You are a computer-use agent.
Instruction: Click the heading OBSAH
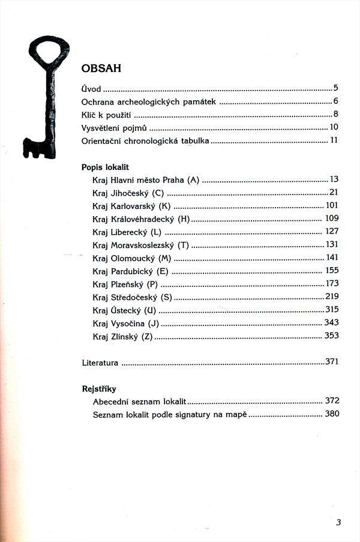click(x=101, y=68)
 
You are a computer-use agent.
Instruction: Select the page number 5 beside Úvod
click(x=337, y=88)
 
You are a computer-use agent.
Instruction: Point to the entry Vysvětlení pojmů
click(x=114, y=127)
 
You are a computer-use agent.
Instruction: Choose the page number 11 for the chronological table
click(x=334, y=140)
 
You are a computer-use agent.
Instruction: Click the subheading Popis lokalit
click(x=105, y=167)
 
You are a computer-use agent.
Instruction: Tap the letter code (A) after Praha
click(x=193, y=179)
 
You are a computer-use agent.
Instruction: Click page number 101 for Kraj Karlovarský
click(x=332, y=205)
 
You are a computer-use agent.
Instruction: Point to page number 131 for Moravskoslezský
click(x=332, y=244)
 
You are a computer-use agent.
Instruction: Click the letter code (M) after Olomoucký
click(x=165, y=257)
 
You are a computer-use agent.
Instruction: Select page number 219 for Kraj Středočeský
click(x=332, y=297)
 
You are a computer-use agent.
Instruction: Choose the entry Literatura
click(x=100, y=363)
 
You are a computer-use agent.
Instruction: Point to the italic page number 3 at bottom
click(x=338, y=522)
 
